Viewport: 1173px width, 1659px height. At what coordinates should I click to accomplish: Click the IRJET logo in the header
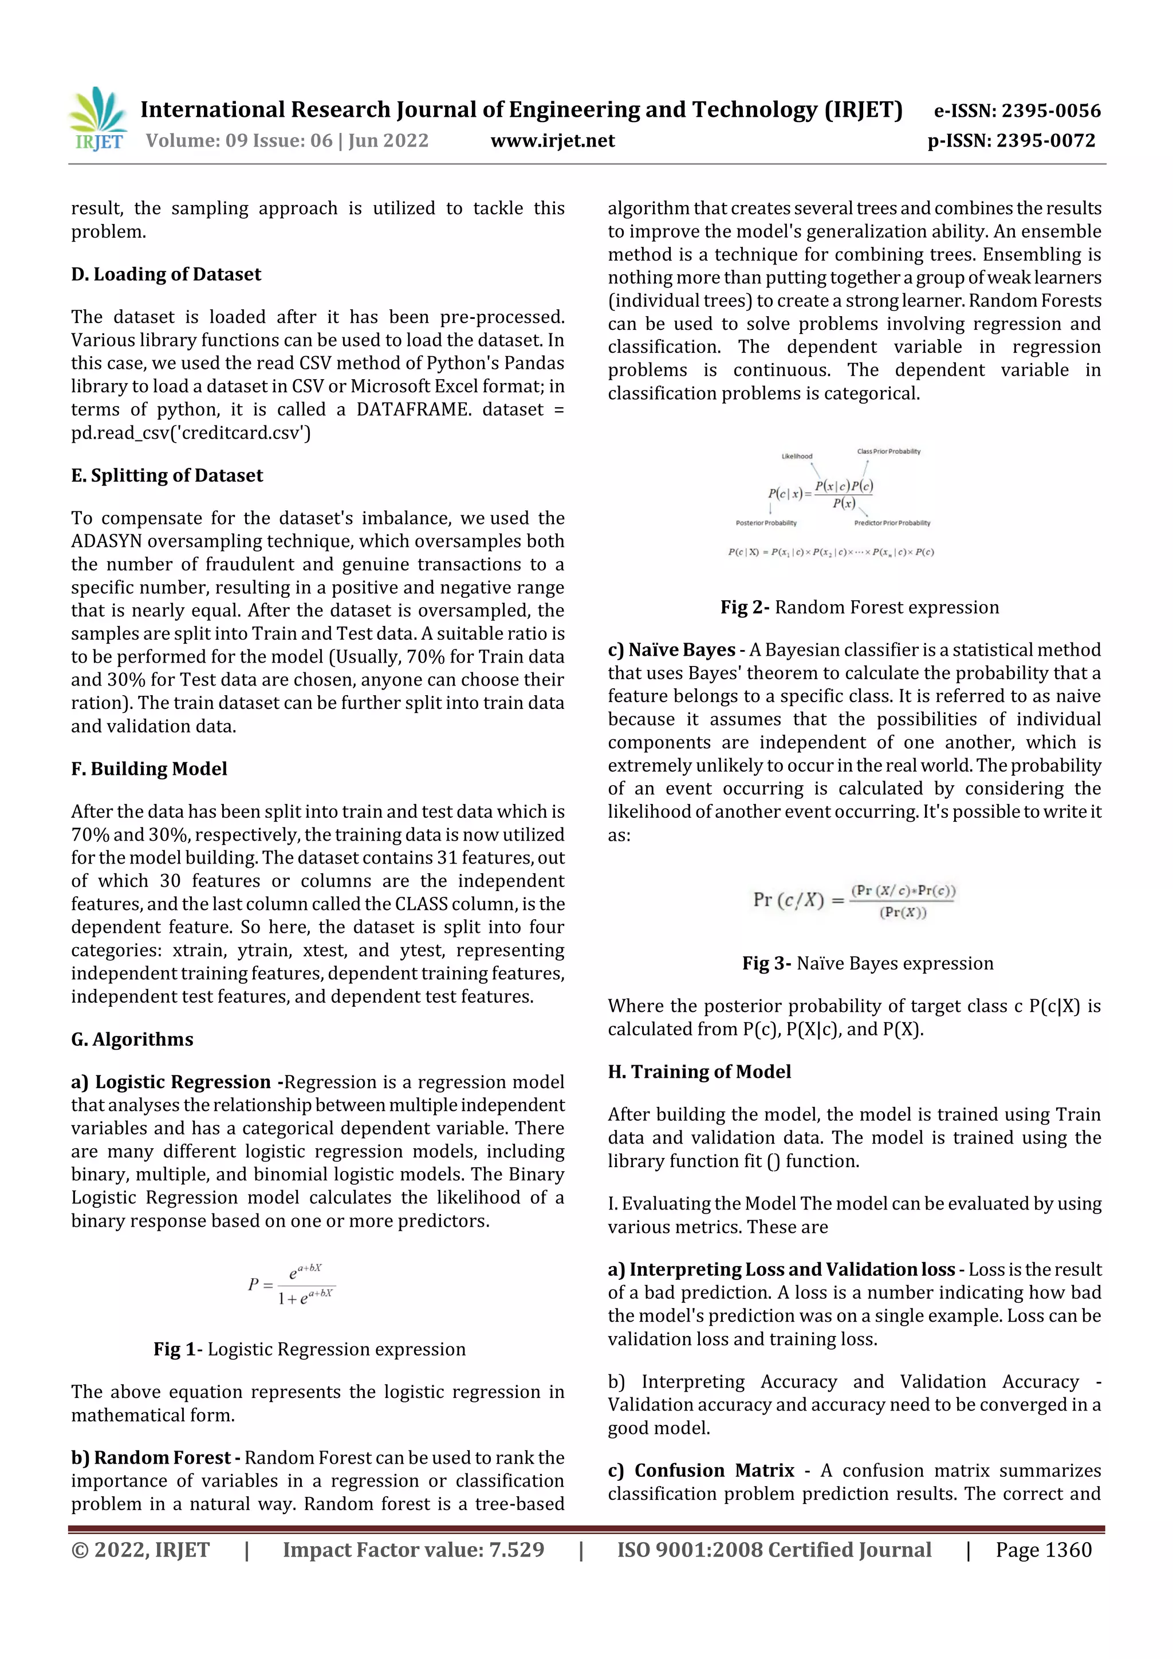click(x=99, y=119)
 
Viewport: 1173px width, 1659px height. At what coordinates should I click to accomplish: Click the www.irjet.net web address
click(x=552, y=140)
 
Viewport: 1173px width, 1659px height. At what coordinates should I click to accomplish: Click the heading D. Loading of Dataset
click(x=166, y=274)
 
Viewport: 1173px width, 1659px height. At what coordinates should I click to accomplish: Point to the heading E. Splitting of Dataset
click(x=167, y=475)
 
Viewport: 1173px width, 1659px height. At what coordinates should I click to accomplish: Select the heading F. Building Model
click(x=149, y=769)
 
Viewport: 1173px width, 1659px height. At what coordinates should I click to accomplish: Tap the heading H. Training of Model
click(x=699, y=1071)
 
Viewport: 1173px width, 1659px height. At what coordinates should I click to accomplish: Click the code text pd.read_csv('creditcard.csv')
click(x=191, y=433)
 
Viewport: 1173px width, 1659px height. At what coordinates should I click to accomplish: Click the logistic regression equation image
click(x=292, y=1284)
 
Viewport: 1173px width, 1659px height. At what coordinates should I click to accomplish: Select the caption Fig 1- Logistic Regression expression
click(x=309, y=1349)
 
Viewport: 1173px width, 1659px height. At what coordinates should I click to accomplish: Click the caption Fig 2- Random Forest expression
click(x=859, y=607)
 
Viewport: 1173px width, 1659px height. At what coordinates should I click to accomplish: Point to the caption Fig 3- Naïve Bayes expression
click(x=867, y=963)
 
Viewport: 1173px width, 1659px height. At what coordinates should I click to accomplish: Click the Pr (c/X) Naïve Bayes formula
click(x=853, y=900)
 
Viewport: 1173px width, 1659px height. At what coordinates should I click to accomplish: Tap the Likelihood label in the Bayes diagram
click(x=797, y=456)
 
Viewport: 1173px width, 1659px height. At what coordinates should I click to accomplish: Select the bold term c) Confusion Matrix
click(x=700, y=1471)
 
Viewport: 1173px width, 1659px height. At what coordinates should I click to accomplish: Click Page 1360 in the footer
click(x=1043, y=1549)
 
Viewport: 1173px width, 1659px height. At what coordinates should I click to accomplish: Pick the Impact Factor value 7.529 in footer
click(x=414, y=1549)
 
